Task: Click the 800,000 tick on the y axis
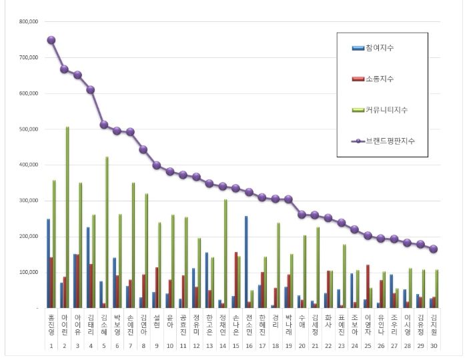click(x=29, y=21)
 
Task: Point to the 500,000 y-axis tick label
click(x=29, y=129)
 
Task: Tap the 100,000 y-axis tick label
click(x=29, y=273)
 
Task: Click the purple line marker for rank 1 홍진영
click(x=51, y=40)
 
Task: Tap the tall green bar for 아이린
click(x=67, y=217)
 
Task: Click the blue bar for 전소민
click(x=246, y=261)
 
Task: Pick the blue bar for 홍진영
click(x=48, y=263)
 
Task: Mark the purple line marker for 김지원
click(x=433, y=249)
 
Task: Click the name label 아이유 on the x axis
click(x=77, y=327)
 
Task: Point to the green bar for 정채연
click(x=225, y=253)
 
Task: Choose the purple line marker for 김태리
click(x=90, y=89)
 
